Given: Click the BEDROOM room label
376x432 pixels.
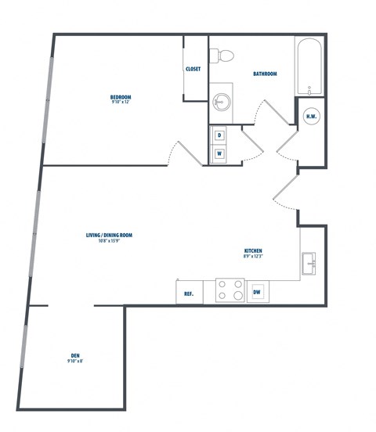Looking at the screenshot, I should click(x=121, y=96).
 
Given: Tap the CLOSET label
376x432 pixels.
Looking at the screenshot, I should click(x=193, y=69).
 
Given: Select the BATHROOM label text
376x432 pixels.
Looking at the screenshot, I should click(x=265, y=74).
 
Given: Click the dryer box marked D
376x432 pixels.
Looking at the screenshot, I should click(x=219, y=135).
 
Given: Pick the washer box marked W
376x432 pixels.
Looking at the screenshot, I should click(x=219, y=153).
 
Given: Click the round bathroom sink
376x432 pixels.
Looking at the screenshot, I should click(x=221, y=101).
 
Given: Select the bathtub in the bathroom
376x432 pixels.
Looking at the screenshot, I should click(x=309, y=67).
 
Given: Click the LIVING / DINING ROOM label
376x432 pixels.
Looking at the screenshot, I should click(x=109, y=235).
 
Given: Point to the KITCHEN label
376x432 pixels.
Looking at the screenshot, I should click(x=252, y=250).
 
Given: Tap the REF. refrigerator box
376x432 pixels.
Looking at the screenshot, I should click(x=189, y=294).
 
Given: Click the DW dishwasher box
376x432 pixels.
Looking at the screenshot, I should click(x=256, y=293).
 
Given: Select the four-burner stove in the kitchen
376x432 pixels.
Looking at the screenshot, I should click(x=230, y=290).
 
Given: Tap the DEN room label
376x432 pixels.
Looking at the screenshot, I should click(x=75, y=355).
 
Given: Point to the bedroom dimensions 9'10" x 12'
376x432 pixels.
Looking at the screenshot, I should click(x=121, y=102).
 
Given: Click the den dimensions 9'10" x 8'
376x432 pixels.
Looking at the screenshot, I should click(x=75, y=362).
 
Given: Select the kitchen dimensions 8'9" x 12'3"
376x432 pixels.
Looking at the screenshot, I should click(x=252, y=256).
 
